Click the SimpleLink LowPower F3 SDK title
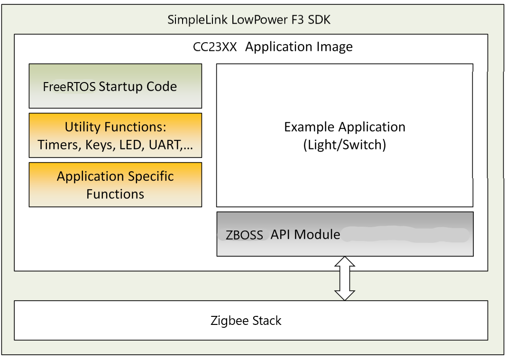pyautogui.click(x=249, y=20)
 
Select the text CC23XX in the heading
pyautogui.click(x=215, y=47)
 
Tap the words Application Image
pyautogui.click(x=299, y=47)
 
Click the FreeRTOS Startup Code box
pyautogui.click(x=115, y=86)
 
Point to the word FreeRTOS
pyautogui.click(x=69, y=87)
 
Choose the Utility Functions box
pyautogui.click(x=115, y=135)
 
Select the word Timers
pyautogui.click(x=59, y=145)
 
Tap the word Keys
pyautogui.click(x=99, y=145)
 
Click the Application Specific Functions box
pyautogui.click(x=115, y=185)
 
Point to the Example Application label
pyautogui.click(x=345, y=127)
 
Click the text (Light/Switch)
pyautogui.click(x=345, y=145)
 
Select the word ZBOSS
pyautogui.click(x=244, y=235)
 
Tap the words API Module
pyautogui.click(x=305, y=234)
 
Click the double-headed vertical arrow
pyautogui.click(x=345, y=278)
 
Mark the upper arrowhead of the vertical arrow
pyautogui.click(x=345, y=262)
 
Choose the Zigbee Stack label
pyautogui.click(x=246, y=321)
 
